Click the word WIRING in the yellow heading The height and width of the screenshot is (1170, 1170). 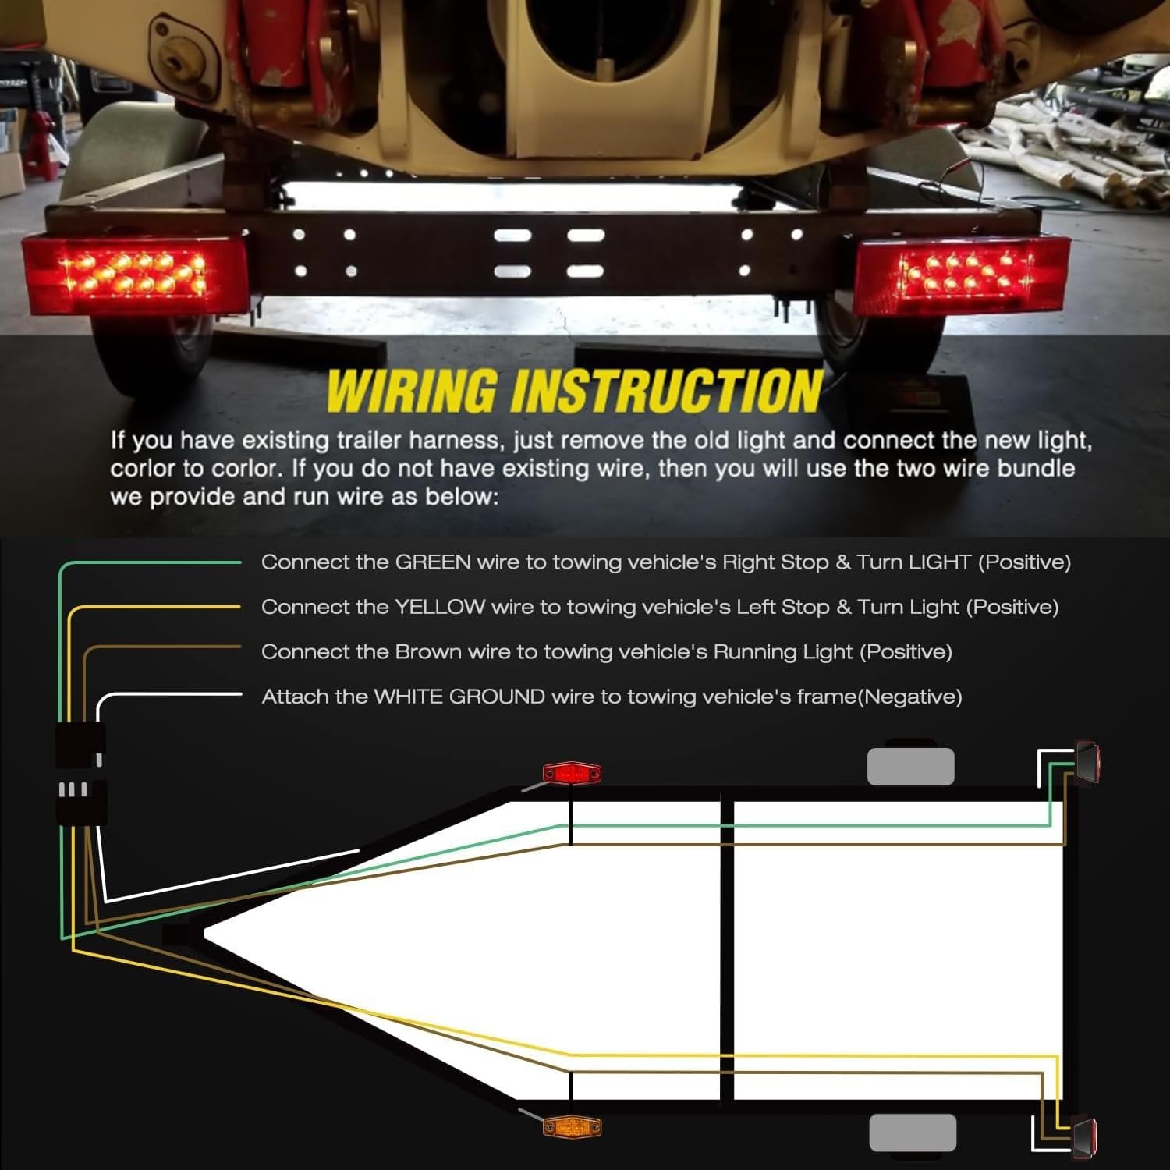coord(412,390)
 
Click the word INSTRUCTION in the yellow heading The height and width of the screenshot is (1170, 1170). coord(666,390)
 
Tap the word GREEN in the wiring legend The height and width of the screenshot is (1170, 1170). coord(433,562)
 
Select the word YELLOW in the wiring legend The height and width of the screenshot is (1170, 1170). coord(440,607)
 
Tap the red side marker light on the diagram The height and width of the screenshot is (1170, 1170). coord(573,773)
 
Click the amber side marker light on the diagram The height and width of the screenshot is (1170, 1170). coord(573,1126)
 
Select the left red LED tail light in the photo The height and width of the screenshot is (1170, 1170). coord(134,275)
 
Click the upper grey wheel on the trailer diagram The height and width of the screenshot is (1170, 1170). coord(911,766)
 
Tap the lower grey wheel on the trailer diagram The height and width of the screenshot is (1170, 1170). coord(913,1133)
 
